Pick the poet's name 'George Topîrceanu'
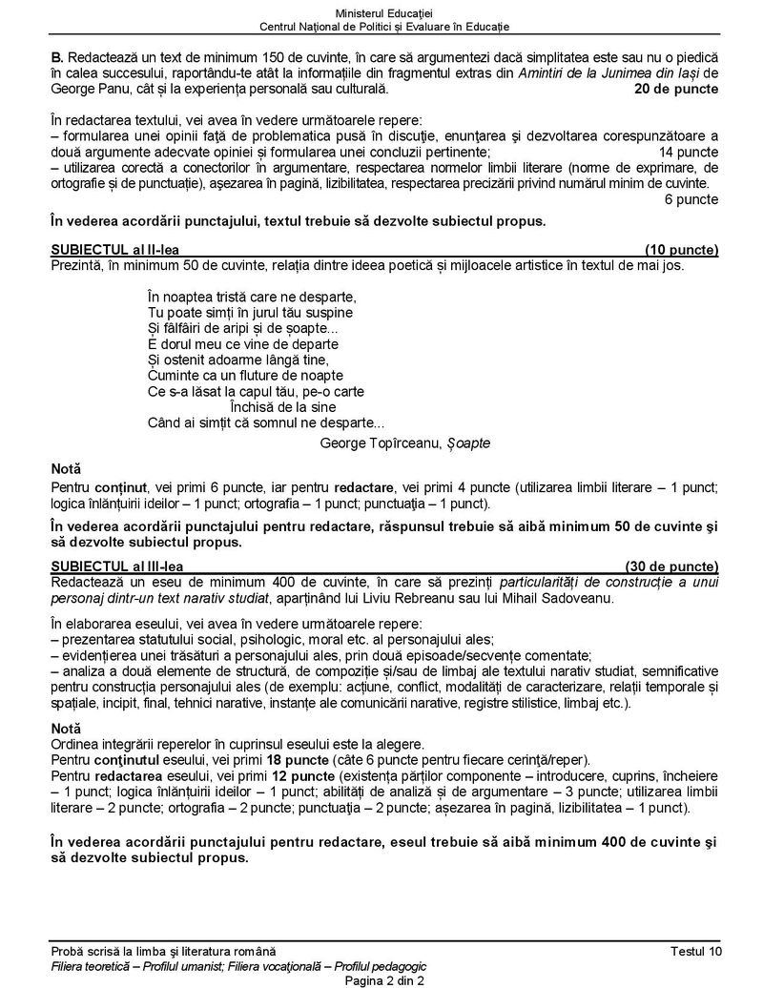coord(378,443)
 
